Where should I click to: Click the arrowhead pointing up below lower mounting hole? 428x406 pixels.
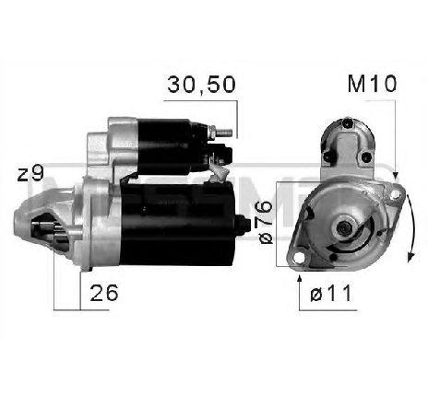(303, 273)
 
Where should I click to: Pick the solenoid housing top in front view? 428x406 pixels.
(342, 138)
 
